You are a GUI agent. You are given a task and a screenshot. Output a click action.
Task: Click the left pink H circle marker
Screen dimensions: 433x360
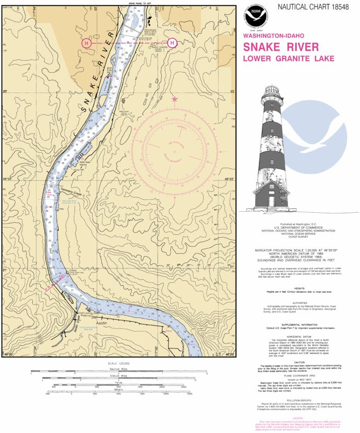(x=87, y=42)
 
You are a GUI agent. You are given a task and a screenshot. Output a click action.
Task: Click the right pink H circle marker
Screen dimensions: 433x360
(x=172, y=42)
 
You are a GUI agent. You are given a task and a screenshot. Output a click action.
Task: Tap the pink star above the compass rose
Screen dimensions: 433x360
(x=175, y=98)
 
